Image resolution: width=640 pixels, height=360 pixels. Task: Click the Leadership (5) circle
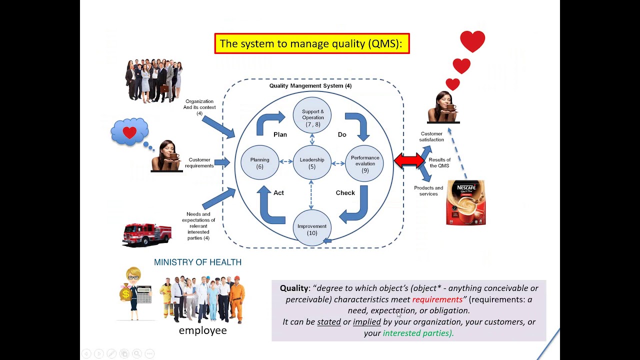312,162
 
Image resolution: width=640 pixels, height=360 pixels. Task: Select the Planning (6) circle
259,162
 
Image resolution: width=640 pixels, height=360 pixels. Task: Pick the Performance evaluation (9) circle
364,162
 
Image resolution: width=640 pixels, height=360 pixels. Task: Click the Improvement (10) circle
312,228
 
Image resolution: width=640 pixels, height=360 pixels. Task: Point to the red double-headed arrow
409,160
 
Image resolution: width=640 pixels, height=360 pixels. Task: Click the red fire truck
146,234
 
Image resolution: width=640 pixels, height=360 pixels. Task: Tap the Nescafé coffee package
466,202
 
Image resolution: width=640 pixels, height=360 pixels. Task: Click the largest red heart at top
472,41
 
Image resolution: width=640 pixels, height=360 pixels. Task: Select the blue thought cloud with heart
129,132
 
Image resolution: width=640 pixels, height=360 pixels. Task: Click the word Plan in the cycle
280,134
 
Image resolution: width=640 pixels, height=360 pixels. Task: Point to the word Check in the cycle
345,192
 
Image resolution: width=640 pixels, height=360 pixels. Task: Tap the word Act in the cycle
278,192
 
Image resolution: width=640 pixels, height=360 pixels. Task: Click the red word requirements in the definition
437,299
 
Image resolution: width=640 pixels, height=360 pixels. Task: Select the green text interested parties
417,333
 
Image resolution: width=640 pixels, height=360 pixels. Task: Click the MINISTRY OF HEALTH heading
197,262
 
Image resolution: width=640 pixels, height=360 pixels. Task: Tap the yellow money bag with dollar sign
125,294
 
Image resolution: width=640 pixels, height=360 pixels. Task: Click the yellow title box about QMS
312,43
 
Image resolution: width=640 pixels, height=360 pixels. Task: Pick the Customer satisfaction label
431,136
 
